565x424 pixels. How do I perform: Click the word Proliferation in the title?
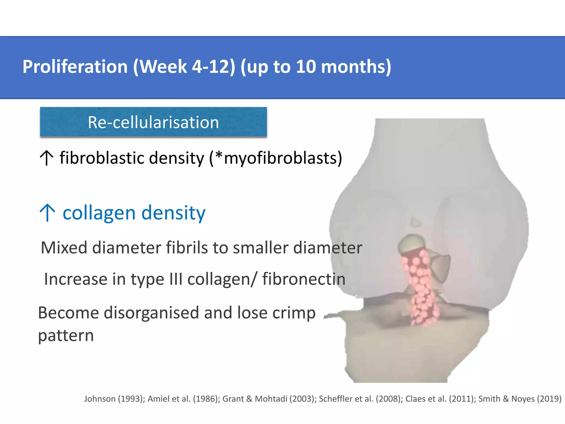75,67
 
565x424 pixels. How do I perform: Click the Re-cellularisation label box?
153,122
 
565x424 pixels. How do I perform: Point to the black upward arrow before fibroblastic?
47,158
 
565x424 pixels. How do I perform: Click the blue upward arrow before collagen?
47,213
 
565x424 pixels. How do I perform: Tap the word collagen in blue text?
99,213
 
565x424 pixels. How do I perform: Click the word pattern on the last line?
66,336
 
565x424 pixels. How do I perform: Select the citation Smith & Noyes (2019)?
520,399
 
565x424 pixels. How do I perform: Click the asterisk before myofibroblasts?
218,154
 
